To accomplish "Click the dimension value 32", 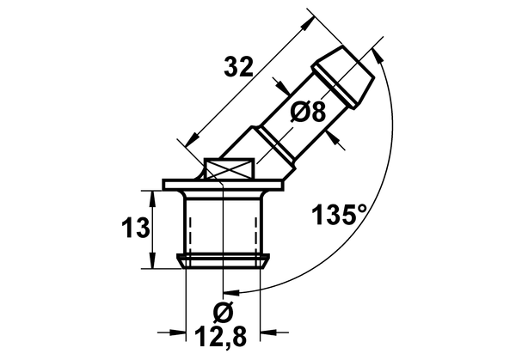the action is (238, 67).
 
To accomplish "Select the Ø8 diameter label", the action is (308, 111).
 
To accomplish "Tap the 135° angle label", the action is (340, 214).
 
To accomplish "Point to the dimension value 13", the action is (136, 229).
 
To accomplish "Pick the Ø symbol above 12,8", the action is (223, 311).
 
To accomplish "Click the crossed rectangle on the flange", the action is (229, 168).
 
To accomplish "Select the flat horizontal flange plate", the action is (223, 185).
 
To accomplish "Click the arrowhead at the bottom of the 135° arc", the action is (230, 292).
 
